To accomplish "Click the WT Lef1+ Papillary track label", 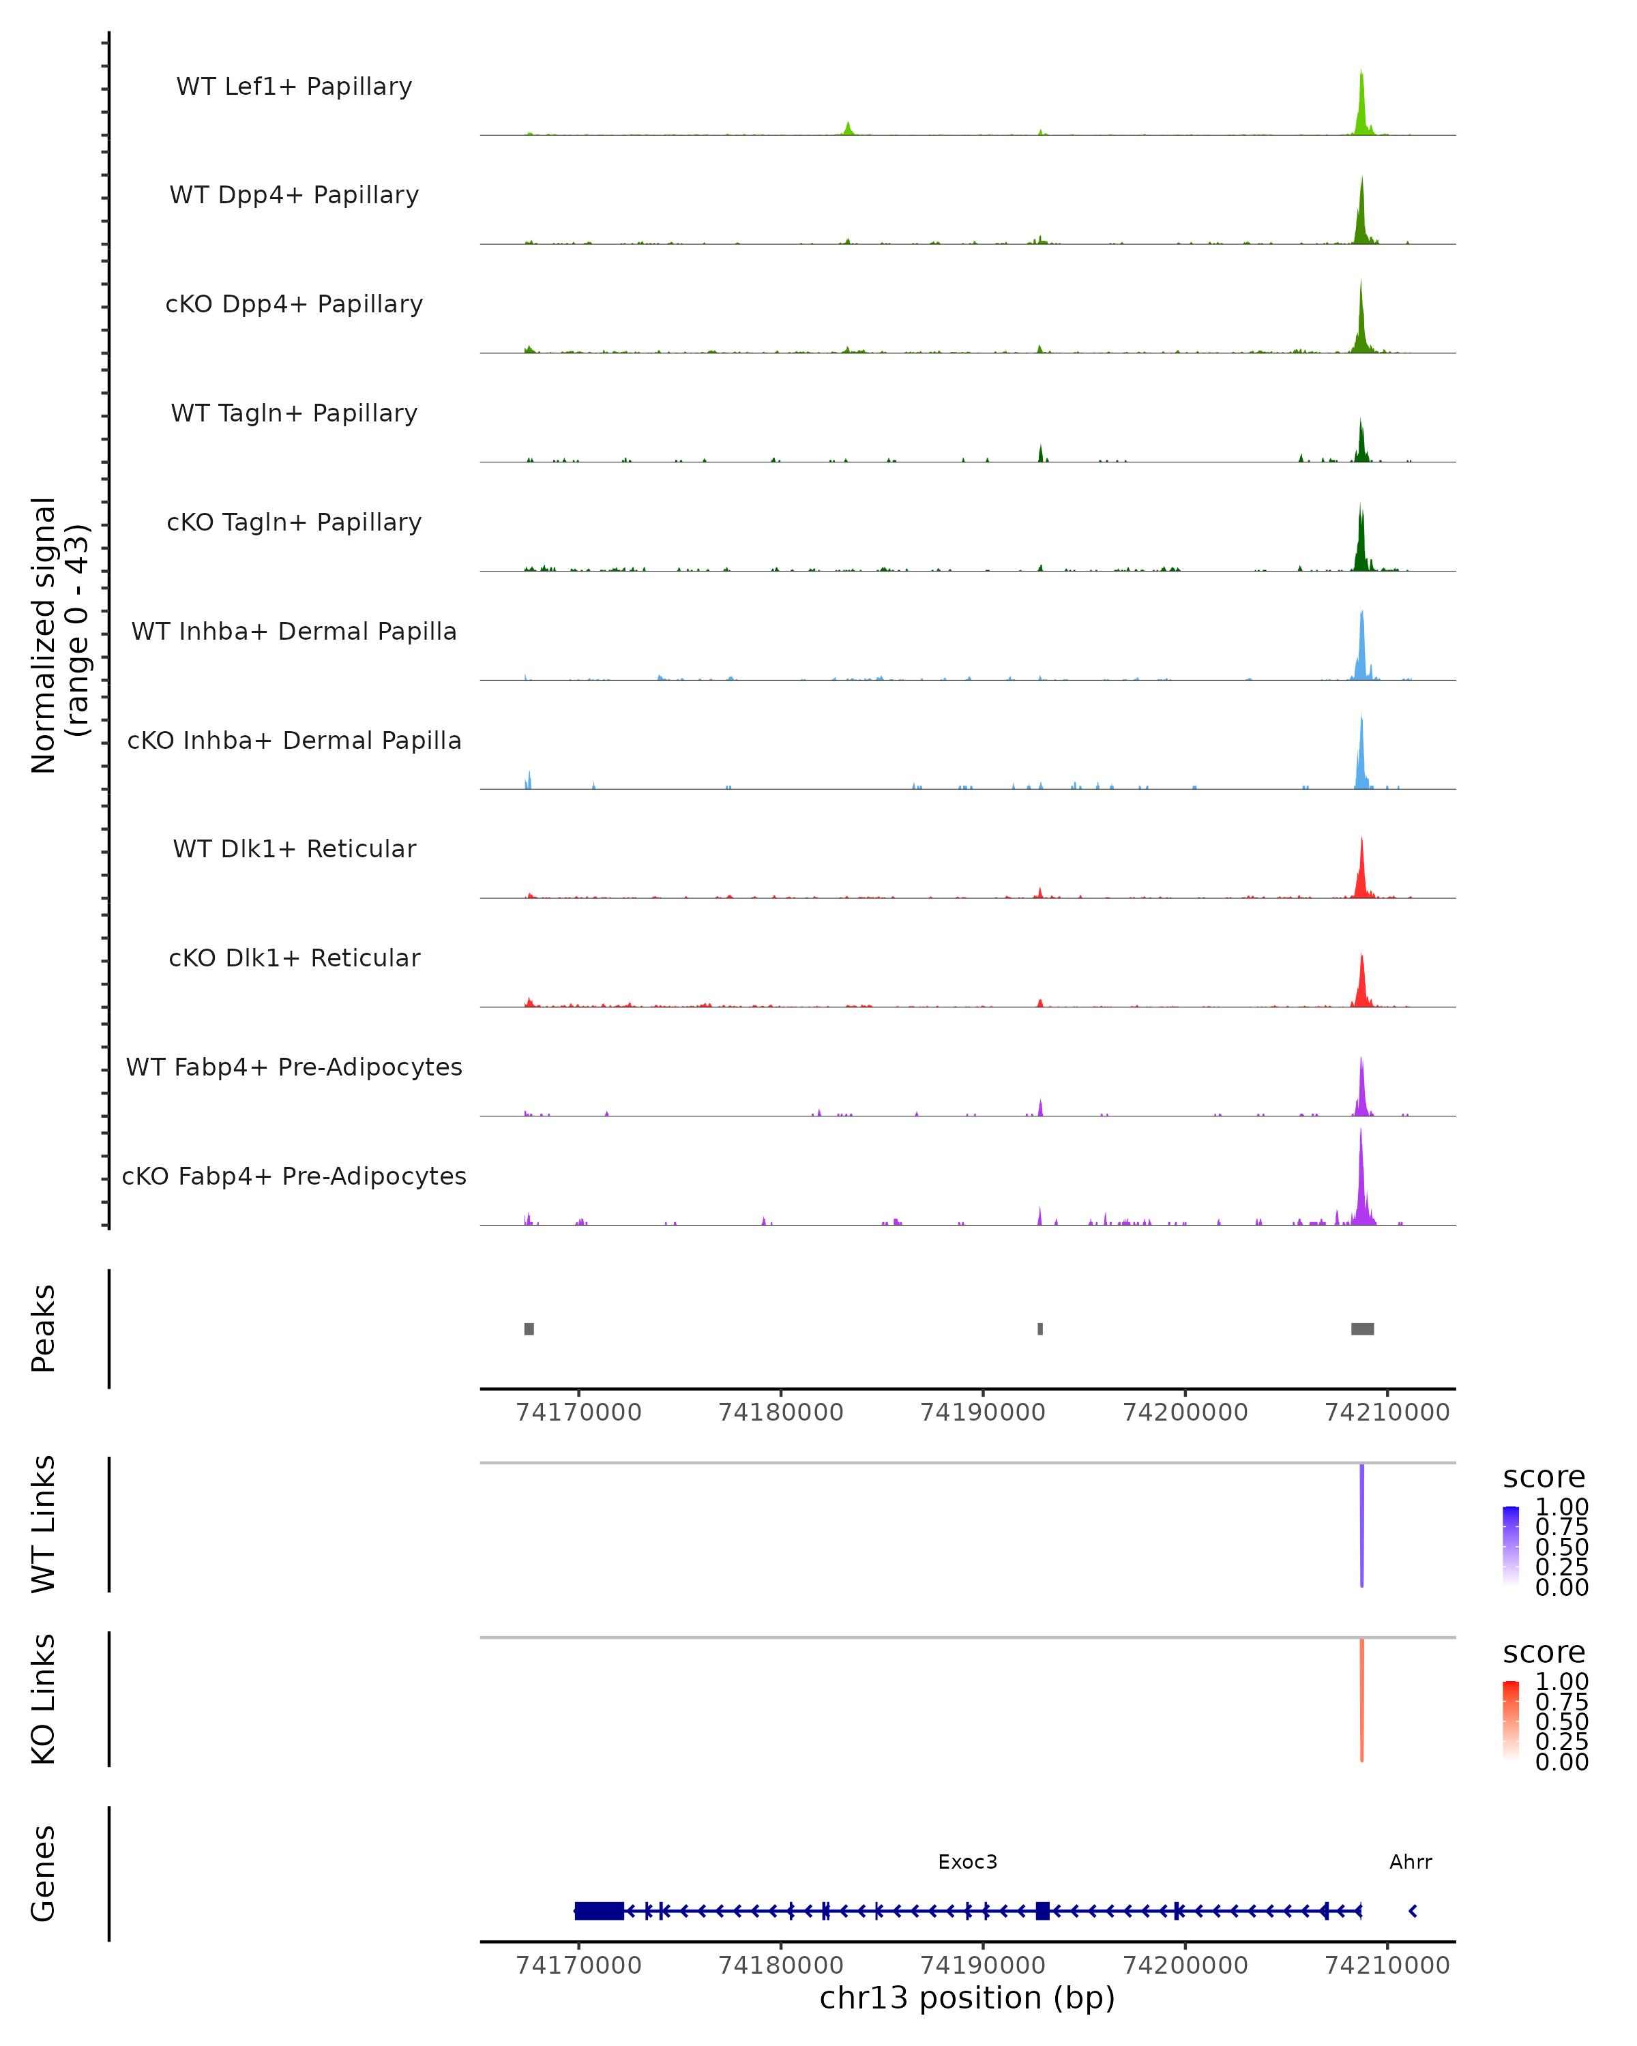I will point(294,87).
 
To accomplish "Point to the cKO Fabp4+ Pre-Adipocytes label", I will point(294,1176).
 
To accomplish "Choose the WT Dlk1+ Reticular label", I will point(294,848).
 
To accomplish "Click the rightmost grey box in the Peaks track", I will point(1363,1329).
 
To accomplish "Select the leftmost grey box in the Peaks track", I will point(529,1329).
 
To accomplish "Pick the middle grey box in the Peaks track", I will point(1040,1329).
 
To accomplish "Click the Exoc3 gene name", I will point(967,1862).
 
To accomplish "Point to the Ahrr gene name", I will point(1410,1862).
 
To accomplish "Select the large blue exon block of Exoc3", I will point(600,1910).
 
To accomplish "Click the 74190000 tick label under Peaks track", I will point(983,1412).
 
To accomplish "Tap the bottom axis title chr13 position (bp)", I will point(967,1998).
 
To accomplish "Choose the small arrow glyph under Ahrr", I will point(1413,1910).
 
